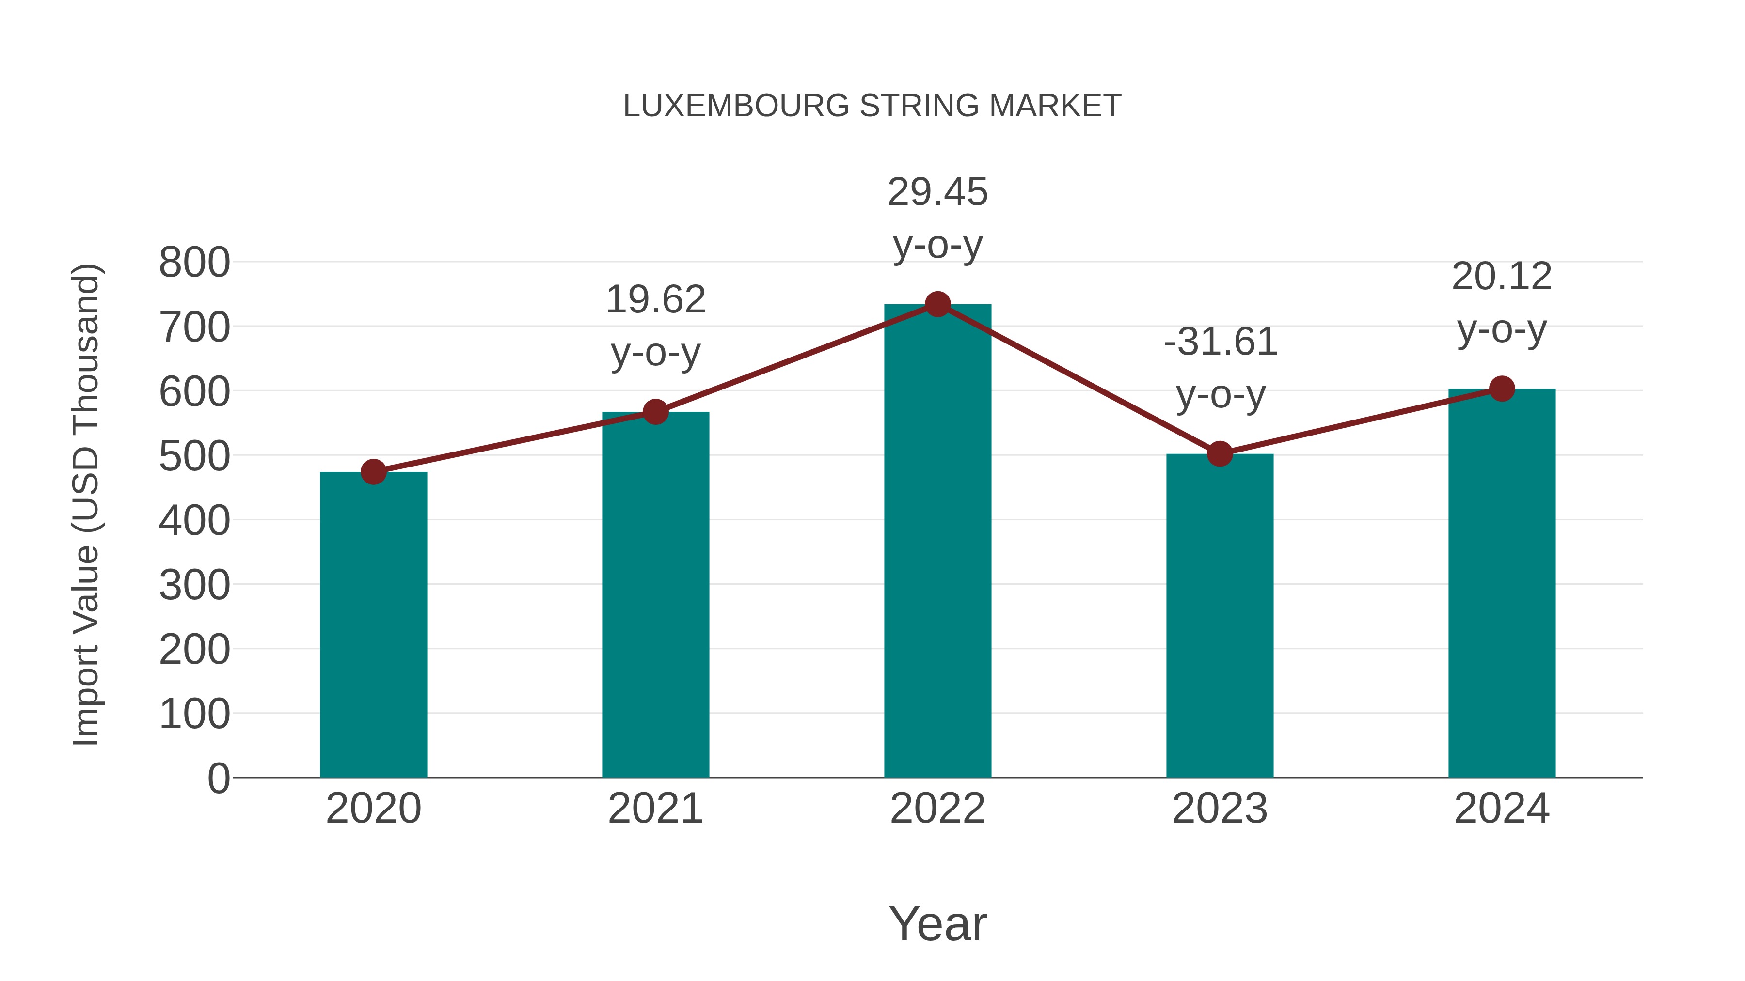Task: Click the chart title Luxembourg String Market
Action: [872, 106]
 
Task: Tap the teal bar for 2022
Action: [937, 542]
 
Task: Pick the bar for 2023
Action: [1220, 616]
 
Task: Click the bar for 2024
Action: [1502, 582]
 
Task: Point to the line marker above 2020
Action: [373, 472]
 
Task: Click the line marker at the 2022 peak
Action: [937, 305]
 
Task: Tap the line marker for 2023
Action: [1220, 453]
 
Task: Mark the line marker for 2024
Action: [1502, 389]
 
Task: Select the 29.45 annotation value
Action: [937, 192]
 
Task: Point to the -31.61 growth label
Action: [1220, 342]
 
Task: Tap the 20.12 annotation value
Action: [1502, 277]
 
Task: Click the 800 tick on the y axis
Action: [194, 263]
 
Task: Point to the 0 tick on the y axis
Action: [219, 779]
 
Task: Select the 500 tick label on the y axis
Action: [194, 456]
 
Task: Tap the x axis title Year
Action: [937, 923]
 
